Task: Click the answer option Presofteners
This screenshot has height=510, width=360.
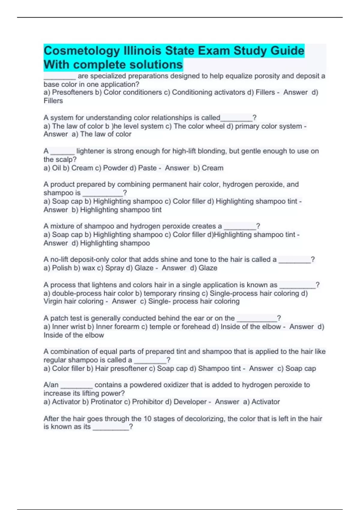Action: pyautogui.click(x=72, y=92)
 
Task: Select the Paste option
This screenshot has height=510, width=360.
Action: pyautogui.click(x=147, y=168)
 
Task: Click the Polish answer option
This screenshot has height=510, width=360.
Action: pyautogui.click(x=62, y=268)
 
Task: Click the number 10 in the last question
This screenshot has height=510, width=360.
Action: pyautogui.click(x=147, y=419)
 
